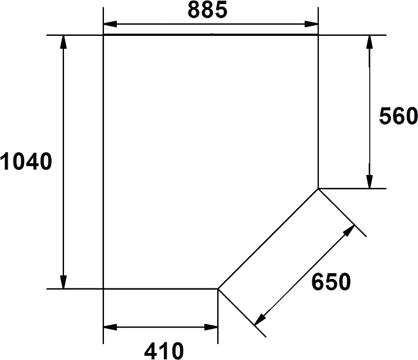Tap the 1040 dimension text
(x=28, y=162)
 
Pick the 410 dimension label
(x=164, y=351)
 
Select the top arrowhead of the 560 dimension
(x=369, y=42)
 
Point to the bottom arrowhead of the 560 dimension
(x=369, y=181)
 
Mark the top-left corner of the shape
(x=105, y=36)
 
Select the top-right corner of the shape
(x=318, y=36)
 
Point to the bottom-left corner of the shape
(x=105, y=289)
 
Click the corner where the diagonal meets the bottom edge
(x=218, y=289)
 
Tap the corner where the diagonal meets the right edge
(x=318, y=189)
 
